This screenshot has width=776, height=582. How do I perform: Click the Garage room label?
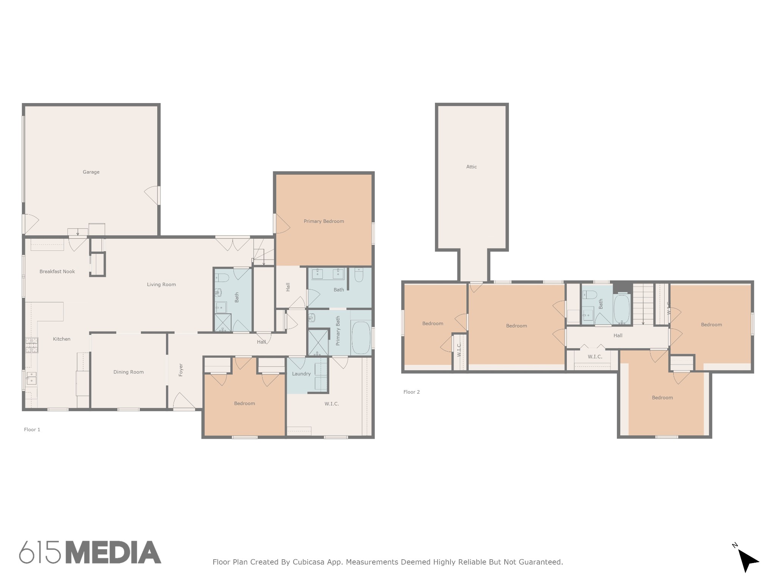[x=91, y=172]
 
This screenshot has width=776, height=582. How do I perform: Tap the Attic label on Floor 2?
[x=471, y=167]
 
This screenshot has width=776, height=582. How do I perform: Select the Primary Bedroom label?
[x=324, y=221]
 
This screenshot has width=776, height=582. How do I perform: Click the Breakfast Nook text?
[x=57, y=271]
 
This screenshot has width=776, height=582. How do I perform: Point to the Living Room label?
[x=161, y=285]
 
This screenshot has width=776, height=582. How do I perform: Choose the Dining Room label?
[x=128, y=372]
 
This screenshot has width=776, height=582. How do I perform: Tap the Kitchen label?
[x=61, y=339]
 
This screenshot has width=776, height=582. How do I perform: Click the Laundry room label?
[x=301, y=374]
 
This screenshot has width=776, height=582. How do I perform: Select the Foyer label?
[x=181, y=370]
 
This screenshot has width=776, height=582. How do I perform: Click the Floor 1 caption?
[x=32, y=429]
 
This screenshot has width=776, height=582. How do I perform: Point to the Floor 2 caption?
[x=411, y=392]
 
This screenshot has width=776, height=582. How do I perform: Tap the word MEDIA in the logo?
[x=114, y=552]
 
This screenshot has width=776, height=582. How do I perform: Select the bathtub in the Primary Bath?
[x=361, y=337]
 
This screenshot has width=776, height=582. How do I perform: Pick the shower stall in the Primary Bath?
[x=318, y=343]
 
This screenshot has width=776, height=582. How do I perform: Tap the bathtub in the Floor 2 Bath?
[x=622, y=309]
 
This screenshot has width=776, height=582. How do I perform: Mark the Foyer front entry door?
[x=184, y=402]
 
